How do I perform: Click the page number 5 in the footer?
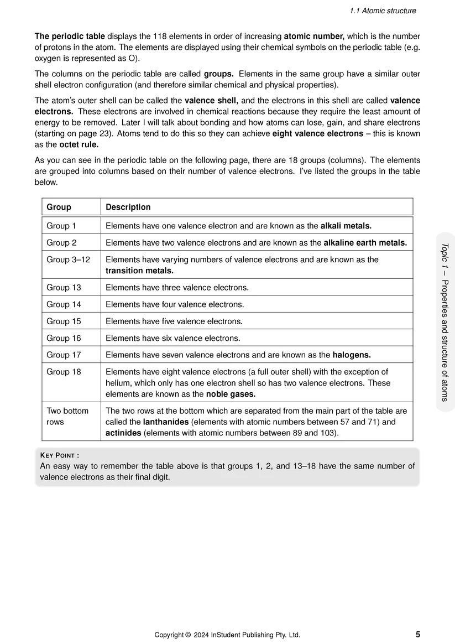[417, 635]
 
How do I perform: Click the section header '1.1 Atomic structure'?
[383, 11]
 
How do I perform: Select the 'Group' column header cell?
[59, 207]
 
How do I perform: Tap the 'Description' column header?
[128, 207]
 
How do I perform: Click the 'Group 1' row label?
[61, 226]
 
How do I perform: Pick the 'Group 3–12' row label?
[68, 259]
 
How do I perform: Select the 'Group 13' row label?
[64, 288]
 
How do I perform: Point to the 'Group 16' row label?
[64, 338]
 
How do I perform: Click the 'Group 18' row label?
[64, 372]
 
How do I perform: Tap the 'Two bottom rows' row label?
[67, 416]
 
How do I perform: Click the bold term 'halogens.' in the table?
[352, 355]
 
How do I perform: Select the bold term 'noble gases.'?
[231, 394]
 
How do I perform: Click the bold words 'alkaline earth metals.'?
[365, 242]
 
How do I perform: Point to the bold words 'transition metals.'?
[139, 271]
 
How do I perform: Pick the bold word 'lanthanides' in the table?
[166, 422]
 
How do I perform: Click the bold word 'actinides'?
[123, 433]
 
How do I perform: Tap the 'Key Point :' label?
[60, 455]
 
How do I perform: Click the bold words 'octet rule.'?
[79, 145]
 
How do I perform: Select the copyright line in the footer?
[227, 635]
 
